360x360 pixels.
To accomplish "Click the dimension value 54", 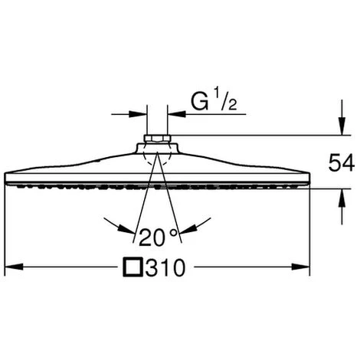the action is pos(342,162).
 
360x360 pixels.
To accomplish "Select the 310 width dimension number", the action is pos(165,267).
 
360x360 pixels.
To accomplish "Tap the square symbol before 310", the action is pos(133,267).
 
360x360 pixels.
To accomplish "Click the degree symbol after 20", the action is pos(173,233).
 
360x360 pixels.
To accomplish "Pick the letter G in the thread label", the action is pos(199,102).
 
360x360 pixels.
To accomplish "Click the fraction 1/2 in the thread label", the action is pos(225,101).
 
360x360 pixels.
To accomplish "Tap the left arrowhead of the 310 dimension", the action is pos(14,267).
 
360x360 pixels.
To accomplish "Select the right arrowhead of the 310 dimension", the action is pos(300,267).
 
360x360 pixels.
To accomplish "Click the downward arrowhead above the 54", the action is pos(342,126).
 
